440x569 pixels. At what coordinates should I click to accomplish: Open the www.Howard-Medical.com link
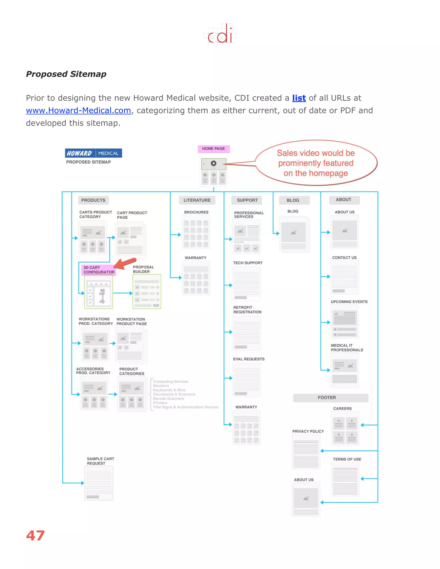point(78,110)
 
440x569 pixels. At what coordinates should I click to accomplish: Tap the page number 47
point(35,536)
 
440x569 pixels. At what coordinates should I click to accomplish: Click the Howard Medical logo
point(93,153)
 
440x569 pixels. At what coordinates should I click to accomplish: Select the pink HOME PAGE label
point(214,149)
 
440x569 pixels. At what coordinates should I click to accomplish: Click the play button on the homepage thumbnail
point(214,163)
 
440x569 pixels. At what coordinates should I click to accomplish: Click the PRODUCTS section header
point(93,200)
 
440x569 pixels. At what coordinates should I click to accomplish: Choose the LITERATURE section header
point(197,200)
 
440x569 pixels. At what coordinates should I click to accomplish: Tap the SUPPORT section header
point(247,200)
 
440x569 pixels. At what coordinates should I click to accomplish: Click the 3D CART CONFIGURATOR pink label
point(99,270)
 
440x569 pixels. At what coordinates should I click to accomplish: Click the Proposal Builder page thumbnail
point(147,292)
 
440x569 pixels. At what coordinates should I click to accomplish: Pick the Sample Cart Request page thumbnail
point(99,483)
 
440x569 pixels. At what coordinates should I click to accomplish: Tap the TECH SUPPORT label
point(248,263)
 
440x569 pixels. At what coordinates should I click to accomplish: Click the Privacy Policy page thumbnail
point(306,452)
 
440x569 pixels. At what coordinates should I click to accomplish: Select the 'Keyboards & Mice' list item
point(169,390)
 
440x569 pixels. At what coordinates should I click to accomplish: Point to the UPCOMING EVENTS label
point(349,302)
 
